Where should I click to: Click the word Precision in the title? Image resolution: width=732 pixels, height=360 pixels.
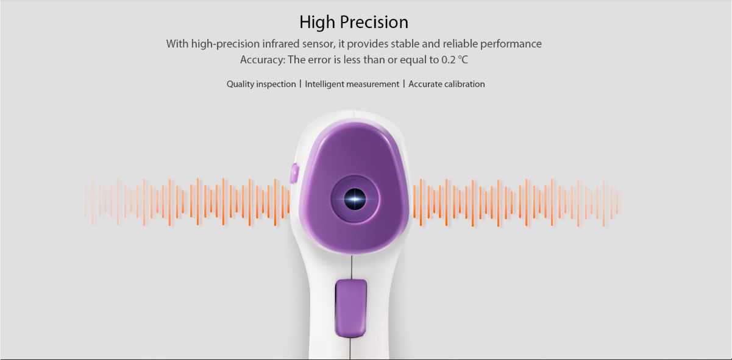tap(374, 22)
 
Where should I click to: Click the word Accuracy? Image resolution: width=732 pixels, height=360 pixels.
tap(263, 60)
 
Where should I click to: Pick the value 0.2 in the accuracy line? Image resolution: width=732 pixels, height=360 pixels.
tap(449, 60)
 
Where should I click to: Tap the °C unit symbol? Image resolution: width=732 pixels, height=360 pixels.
tap(463, 60)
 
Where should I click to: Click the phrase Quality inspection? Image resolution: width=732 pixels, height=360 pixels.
tap(261, 84)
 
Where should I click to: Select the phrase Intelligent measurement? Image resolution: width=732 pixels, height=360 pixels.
tap(352, 84)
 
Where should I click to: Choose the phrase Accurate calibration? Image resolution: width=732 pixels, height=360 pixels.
tap(446, 84)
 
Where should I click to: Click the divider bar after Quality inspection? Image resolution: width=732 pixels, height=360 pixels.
tap(300, 84)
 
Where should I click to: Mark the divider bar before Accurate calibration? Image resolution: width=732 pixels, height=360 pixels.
tap(404, 84)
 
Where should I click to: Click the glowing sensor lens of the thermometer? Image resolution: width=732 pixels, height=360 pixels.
tap(355, 199)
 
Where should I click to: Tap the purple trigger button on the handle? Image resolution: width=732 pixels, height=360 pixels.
tap(350, 308)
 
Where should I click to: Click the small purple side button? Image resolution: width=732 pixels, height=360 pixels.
tap(294, 173)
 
